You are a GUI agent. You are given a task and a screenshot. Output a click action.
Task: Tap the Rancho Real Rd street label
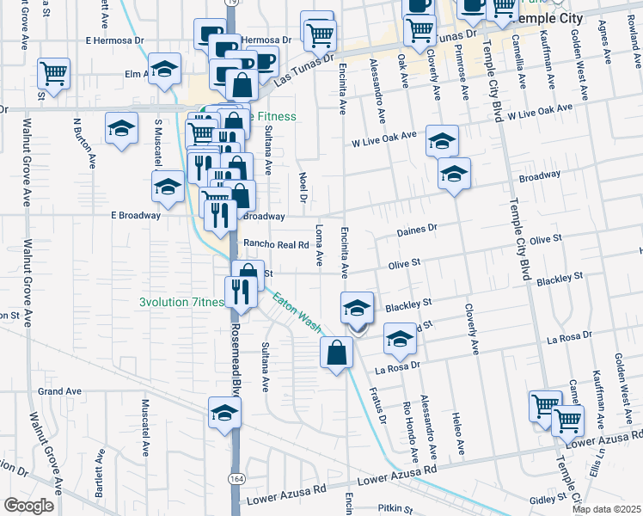coord(276,244)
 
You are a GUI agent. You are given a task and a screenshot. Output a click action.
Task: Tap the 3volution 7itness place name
coord(181,302)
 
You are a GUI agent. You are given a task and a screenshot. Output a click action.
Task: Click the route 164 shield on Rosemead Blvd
coord(235,476)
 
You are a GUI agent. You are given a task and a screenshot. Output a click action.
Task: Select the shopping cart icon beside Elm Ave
coord(53,73)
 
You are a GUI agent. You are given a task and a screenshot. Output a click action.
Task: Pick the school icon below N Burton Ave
coord(121,129)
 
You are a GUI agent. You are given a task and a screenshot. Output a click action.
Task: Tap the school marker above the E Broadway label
coord(168,187)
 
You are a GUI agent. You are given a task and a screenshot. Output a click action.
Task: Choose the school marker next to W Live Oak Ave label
coord(443,141)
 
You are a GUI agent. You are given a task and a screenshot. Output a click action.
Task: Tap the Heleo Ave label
coord(457,434)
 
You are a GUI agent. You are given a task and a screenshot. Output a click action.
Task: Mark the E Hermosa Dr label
coord(114,40)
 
